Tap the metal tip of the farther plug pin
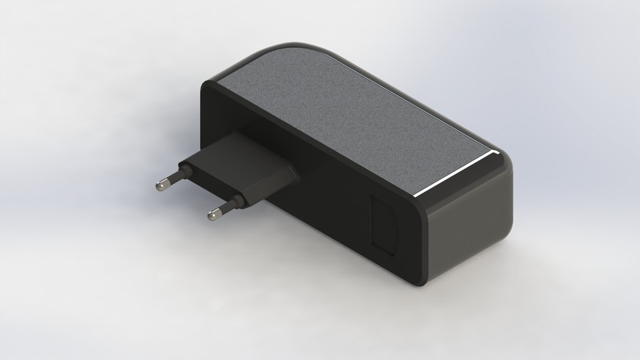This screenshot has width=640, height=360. pyautogui.click(x=161, y=185)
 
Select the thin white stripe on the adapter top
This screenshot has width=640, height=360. pyautogui.click(x=453, y=175)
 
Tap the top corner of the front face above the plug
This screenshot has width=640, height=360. pyautogui.click(x=203, y=84)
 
